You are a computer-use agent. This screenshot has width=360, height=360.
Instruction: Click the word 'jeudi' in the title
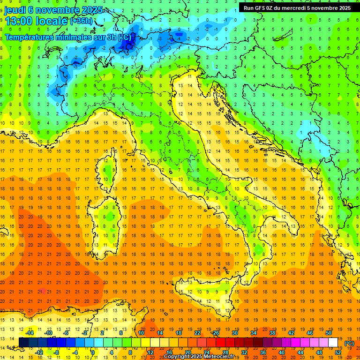coord(15,10)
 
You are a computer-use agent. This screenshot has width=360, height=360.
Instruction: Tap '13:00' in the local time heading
coord(19,21)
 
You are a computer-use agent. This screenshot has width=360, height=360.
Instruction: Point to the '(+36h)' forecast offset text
coord(81,22)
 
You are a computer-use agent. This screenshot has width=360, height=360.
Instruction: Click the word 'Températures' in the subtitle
coord(29,37)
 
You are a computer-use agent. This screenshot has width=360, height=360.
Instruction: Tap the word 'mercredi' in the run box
coord(295,8)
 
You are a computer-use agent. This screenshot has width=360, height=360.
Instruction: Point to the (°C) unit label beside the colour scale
coord(350,343)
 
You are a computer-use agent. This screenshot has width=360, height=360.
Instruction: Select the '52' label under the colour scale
coord(338,352)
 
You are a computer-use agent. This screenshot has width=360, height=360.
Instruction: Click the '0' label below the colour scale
coord(93,352)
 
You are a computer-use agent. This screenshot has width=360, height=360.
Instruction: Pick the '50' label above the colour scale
coord(329,333)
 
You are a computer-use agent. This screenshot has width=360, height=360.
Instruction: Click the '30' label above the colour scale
coord(234,333)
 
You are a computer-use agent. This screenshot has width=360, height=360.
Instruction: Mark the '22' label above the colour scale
coord(197,333)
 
